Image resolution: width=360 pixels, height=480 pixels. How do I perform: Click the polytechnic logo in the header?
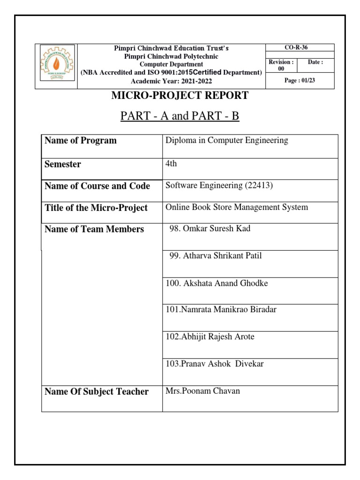pos(56,66)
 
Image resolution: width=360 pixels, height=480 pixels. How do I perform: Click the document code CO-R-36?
pos(300,47)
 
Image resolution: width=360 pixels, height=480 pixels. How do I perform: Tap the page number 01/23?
pos(300,81)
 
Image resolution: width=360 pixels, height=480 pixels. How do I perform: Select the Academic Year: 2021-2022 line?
pos(171,81)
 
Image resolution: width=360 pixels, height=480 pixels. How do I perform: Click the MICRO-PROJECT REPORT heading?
pos(180,96)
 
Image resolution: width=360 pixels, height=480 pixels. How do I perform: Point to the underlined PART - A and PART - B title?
pos(180,115)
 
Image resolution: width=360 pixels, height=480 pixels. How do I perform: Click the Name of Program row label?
pos(80,141)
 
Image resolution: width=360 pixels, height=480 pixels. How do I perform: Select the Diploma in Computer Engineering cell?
pos(227,141)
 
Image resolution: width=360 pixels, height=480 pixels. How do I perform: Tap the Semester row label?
pos(62,164)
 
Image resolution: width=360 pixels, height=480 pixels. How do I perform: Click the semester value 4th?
pos(172,164)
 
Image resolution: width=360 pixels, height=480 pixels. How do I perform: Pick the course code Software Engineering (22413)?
pos(219,185)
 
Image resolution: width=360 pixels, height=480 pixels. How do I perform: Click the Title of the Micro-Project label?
pos(96,208)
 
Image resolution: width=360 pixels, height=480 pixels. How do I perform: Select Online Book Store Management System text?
pos(237,207)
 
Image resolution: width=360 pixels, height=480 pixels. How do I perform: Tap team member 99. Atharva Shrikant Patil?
pos(216,256)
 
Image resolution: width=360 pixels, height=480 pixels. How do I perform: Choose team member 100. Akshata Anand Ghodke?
pos(217,283)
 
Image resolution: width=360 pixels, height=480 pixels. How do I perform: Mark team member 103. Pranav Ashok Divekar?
pos(215,364)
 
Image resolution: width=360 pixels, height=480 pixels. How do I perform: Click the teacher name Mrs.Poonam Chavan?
pos(202,391)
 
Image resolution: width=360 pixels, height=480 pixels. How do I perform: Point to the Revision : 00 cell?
pos(282,65)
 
